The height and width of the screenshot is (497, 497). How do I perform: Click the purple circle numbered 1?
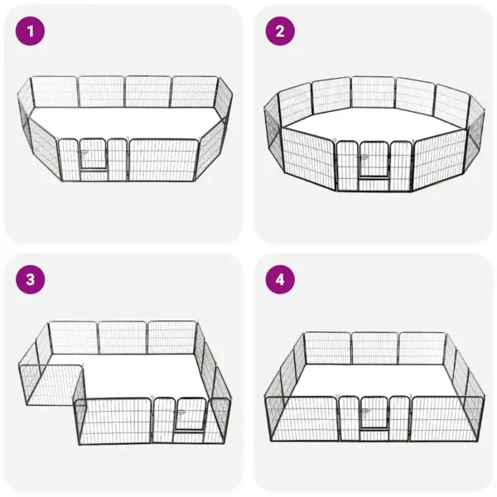click(31, 32)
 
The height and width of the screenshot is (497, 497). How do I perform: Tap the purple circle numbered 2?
click(279, 32)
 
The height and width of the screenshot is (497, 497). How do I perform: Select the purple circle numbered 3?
click(31, 279)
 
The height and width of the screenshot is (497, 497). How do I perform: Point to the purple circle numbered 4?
click(279, 279)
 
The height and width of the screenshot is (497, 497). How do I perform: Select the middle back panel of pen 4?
click(374, 348)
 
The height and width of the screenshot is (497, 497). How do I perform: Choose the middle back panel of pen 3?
click(123, 337)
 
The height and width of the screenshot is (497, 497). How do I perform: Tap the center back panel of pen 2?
click(373, 93)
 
